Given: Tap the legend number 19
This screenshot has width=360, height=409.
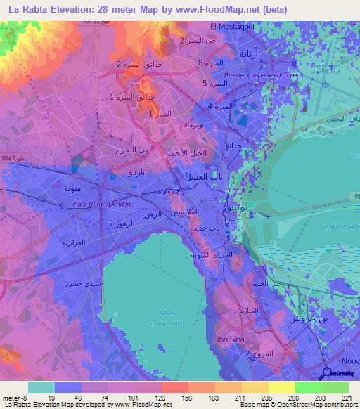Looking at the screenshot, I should [x=53, y=398].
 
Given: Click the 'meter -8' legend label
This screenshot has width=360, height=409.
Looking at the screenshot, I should [x=15, y=398].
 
